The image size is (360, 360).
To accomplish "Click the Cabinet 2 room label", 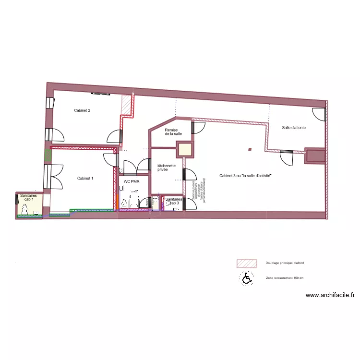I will click(82, 111).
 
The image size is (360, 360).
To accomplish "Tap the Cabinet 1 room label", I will click(85, 179).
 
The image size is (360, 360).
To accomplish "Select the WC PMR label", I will click(131, 181).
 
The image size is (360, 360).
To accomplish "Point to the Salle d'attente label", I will click(294, 127).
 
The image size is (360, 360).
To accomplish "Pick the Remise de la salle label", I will click(173, 132).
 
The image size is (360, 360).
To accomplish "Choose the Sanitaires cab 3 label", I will click(173, 201).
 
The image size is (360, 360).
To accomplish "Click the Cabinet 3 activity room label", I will click(246, 176).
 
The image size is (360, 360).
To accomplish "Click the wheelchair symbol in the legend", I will click(246, 278).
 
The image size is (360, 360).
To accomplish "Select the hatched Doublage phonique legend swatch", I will click(247, 263).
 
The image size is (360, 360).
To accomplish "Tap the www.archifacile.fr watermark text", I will click(330, 296).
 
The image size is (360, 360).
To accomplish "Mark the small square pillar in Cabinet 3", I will click(250, 150).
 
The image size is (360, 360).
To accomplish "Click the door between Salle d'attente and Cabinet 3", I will click(287, 157).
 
